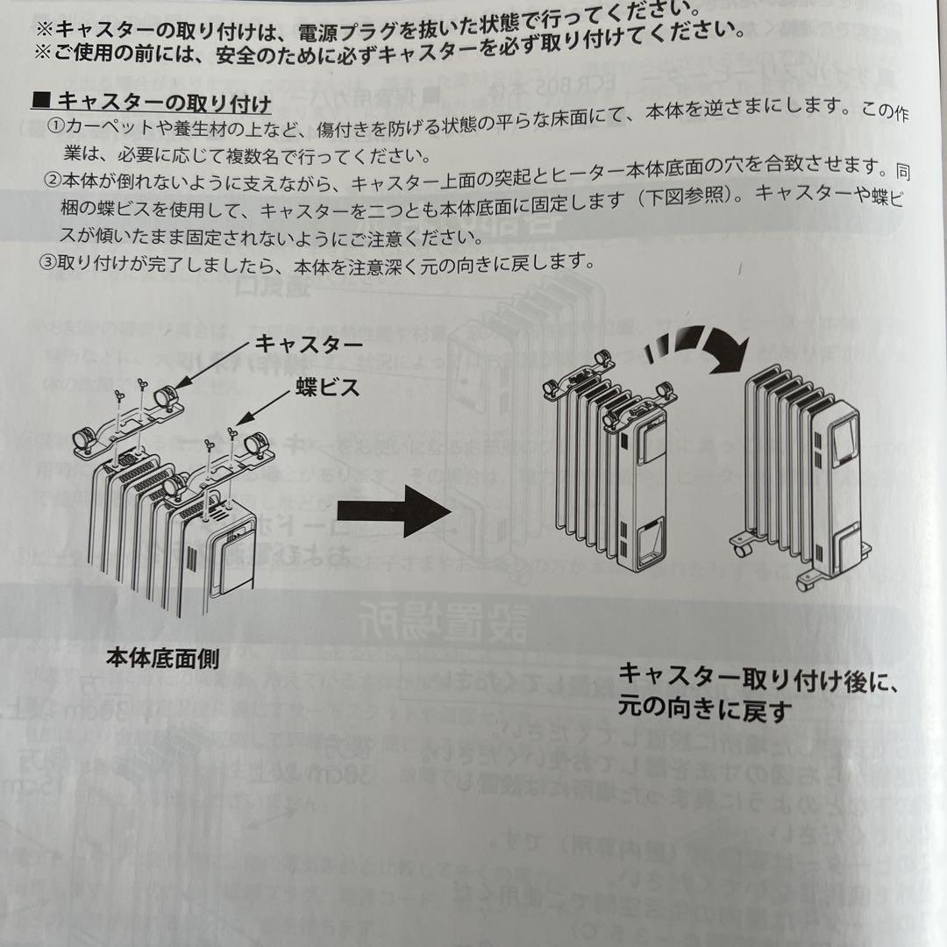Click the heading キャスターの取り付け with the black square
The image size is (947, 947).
coord(151,103)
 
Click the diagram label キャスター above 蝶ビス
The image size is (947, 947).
coord(308,345)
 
